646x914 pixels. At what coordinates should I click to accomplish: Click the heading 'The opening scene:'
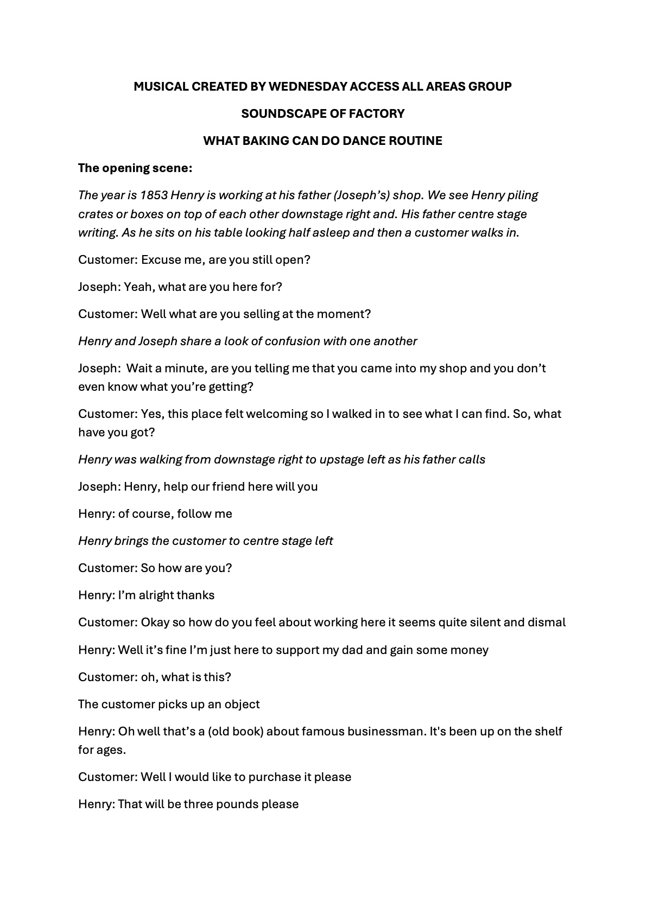click(x=135, y=168)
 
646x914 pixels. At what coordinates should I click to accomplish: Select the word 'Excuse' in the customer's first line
click(x=161, y=260)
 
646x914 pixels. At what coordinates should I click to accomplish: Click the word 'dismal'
click(x=546, y=623)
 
